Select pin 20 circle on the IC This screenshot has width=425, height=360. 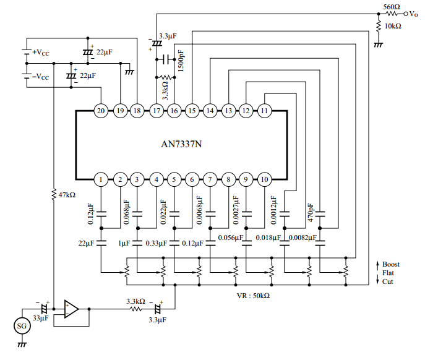click(101, 111)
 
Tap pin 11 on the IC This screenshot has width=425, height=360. click(264, 111)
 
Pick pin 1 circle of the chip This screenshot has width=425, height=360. click(101, 179)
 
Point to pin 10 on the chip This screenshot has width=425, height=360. click(264, 179)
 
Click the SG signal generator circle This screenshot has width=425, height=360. click(22, 325)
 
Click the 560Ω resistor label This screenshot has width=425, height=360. click(391, 6)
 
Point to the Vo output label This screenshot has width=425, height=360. click(414, 13)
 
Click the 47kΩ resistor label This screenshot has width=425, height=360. click(65, 194)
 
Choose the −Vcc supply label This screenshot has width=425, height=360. click(41, 77)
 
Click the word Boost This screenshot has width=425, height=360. click(391, 264)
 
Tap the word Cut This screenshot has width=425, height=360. click(388, 281)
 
